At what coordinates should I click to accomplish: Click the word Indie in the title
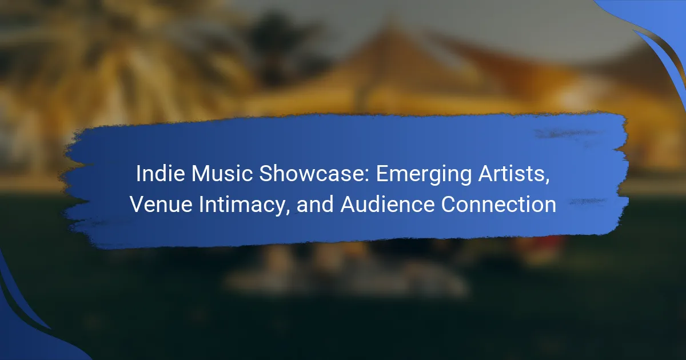(x=160, y=174)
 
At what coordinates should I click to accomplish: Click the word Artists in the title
(x=511, y=174)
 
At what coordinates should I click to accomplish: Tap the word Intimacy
(x=242, y=206)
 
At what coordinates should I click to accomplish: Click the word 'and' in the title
(x=315, y=204)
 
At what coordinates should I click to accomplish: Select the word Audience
(x=388, y=204)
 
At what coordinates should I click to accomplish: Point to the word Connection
(x=498, y=204)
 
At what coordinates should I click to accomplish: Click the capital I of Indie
(x=138, y=174)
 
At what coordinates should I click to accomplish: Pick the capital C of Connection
(x=449, y=204)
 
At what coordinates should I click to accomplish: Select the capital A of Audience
(x=349, y=204)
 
